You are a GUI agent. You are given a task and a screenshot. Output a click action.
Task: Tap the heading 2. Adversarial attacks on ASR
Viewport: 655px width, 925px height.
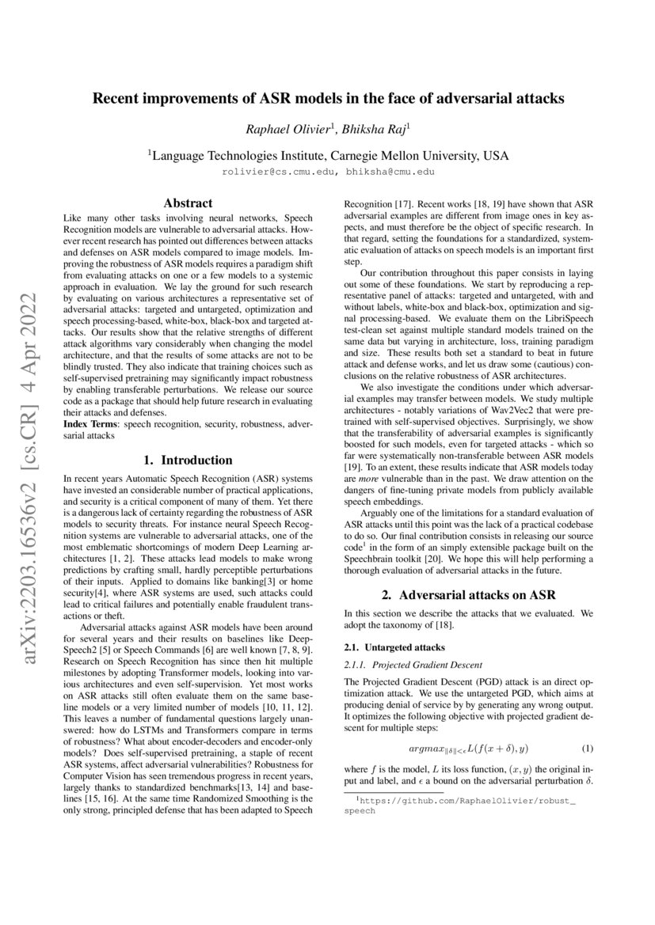point(467,594)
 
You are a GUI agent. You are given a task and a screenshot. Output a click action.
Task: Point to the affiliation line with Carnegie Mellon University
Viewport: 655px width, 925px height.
point(328,155)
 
